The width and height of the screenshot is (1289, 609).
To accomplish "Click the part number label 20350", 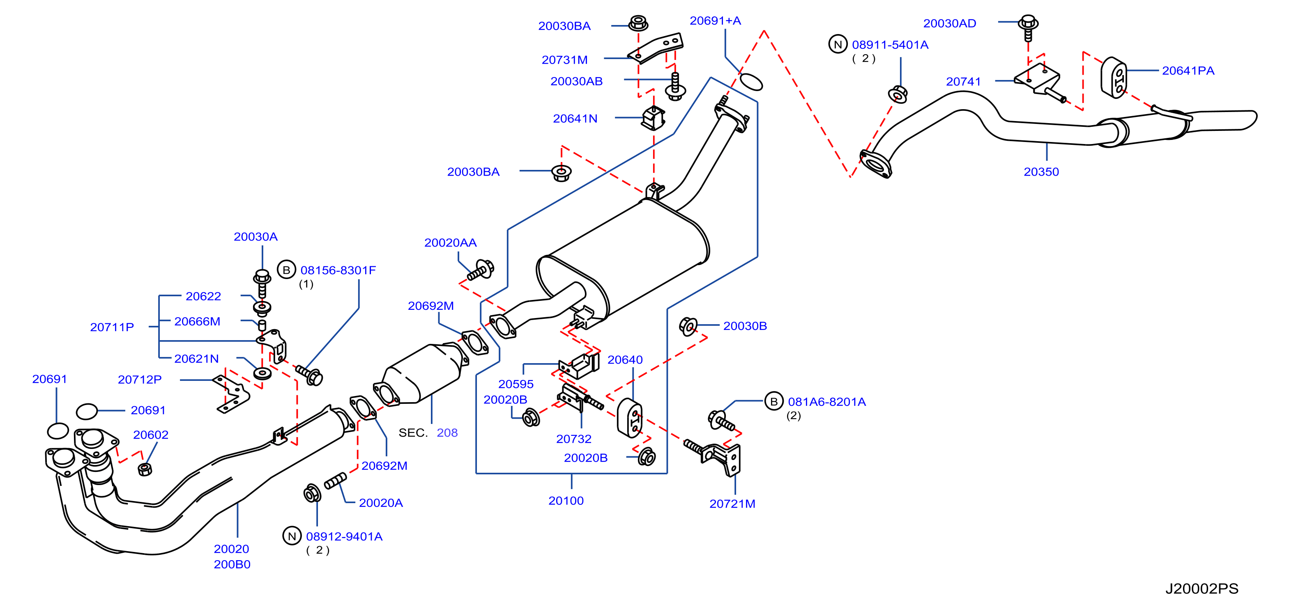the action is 1041,172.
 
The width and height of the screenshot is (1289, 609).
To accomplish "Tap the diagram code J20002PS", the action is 1202,588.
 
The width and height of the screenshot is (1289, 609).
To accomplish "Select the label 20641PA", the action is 1188,71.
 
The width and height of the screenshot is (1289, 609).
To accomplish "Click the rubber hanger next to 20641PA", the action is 1114,78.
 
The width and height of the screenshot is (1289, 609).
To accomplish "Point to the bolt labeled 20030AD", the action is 1028,28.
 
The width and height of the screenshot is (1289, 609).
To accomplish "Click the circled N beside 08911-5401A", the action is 838,44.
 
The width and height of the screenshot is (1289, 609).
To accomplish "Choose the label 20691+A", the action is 715,21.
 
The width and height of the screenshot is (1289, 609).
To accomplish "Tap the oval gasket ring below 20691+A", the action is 751,82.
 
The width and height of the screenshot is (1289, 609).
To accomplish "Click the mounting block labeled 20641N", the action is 654,118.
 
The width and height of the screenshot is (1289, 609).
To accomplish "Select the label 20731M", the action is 564,60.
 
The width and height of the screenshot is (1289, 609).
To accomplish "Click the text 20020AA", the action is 450,243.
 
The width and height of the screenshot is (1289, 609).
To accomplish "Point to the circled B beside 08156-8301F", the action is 286,270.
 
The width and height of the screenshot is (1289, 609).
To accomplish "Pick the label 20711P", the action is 112,327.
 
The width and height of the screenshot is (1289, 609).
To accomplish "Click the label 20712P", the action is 140,380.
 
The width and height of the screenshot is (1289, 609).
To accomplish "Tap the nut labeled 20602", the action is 145,469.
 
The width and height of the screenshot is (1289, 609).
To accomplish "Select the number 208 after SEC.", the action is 447,433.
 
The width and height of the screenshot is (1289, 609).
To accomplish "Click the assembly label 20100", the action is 566,501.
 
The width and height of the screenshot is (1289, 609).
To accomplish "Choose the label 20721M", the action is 732,504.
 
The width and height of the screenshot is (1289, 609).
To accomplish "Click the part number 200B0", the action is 232,565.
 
